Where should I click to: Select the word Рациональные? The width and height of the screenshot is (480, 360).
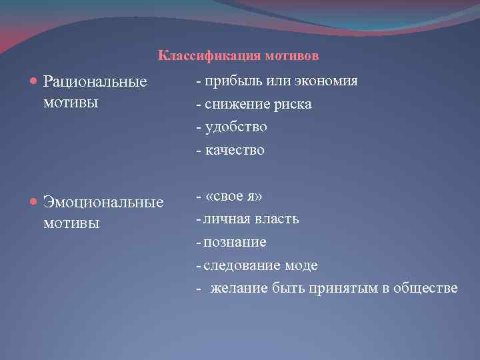point(95,82)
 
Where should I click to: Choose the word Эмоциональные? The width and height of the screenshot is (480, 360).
point(103,201)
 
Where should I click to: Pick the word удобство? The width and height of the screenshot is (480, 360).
point(235,127)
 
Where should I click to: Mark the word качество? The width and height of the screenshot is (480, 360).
point(235,150)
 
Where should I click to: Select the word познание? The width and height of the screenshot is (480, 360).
point(235,242)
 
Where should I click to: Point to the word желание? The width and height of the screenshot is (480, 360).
point(239,288)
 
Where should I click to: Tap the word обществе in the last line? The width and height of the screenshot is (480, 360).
point(426,288)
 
